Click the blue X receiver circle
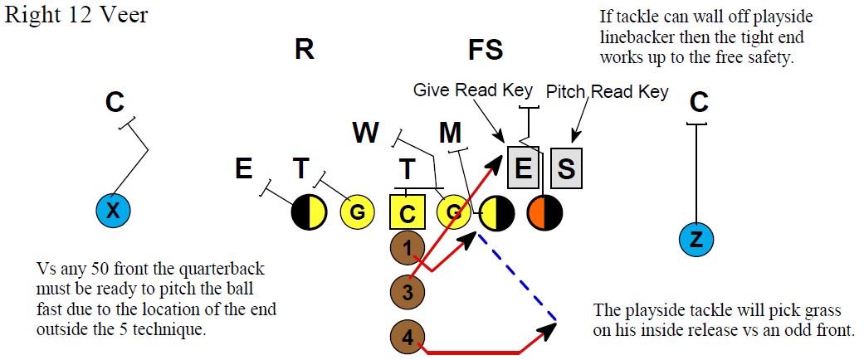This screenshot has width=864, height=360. pyautogui.click(x=114, y=212)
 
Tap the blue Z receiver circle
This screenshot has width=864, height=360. pyautogui.click(x=697, y=241)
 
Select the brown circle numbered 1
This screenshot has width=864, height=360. pyautogui.click(x=407, y=246)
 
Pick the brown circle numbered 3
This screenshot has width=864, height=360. pyautogui.click(x=407, y=291)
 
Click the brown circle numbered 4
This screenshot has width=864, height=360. pyautogui.click(x=407, y=337)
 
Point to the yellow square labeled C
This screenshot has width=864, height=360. pyautogui.click(x=407, y=212)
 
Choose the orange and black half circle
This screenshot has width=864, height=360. pyautogui.click(x=544, y=212)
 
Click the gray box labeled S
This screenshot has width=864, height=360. pyautogui.click(x=566, y=168)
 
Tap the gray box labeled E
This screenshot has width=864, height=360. pyautogui.click(x=524, y=168)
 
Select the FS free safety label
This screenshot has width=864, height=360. pyautogui.click(x=486, y=50)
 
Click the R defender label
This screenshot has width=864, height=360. pyautogui.click(x=304, y=50)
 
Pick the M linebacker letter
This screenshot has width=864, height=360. pyautogui.click(x=451, y=132)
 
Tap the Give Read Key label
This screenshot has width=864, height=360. pyautogui.click(x=473, y=90)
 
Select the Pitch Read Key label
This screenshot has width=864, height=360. pyautogui.click(x=607, y=91)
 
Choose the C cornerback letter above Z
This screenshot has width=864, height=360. pyautogui.click(x=699, y=102)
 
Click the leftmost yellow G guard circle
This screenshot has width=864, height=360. pyautogui.click(x=357, y=212)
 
